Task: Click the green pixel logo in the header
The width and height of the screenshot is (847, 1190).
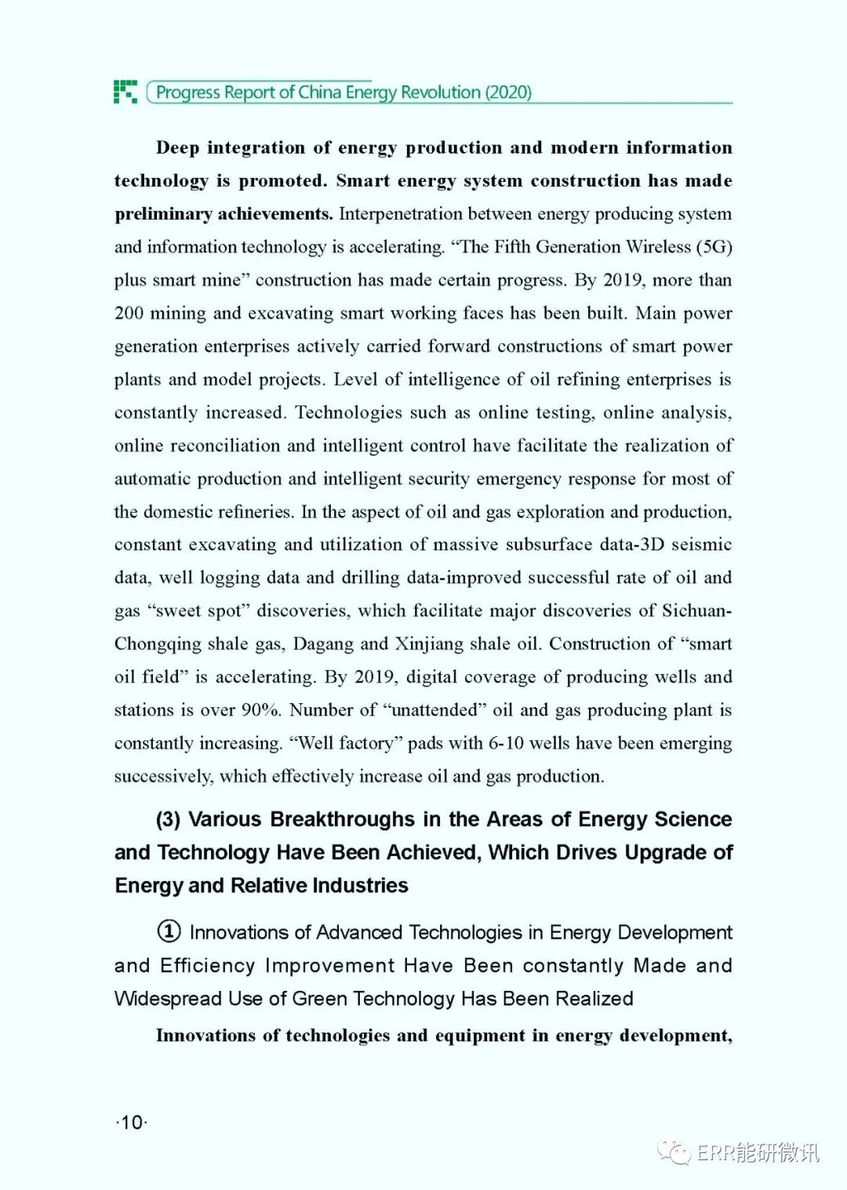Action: point(125,92)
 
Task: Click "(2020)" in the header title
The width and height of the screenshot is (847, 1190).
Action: point(508,93)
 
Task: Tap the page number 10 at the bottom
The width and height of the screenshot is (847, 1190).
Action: point(132,1123)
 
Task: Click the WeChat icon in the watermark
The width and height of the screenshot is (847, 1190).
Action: point(674,1152)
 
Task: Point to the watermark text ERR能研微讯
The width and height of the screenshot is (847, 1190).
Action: point(758,1152)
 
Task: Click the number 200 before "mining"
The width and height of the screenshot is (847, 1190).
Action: point(129,314)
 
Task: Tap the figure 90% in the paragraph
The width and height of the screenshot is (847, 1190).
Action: point(260,710)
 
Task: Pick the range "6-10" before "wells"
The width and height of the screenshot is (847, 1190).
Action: point(506,743)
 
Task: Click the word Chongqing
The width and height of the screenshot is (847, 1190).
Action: point(158,644)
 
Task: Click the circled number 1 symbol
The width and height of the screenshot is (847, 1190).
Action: point(169,931)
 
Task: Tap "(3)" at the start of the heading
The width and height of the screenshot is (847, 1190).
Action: point(168,820)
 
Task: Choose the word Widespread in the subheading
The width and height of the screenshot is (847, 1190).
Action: point(167,999)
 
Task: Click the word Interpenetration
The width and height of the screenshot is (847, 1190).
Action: point(401,214)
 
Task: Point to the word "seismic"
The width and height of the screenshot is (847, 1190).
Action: point(701,545)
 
